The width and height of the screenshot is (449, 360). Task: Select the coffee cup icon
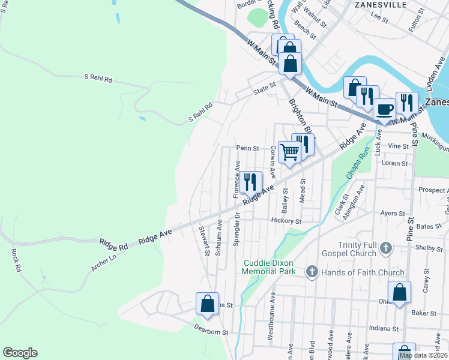click(384, 109)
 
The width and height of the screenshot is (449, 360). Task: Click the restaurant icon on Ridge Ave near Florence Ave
click(251, 182)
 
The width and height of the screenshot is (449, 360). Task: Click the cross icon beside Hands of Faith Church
click(312, 272)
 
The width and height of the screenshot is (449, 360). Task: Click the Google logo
click(20, 353)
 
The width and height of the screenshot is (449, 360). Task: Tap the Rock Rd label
click(16, 259)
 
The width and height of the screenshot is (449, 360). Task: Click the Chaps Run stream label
click(355, 162)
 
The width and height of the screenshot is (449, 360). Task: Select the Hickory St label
click(286, 221)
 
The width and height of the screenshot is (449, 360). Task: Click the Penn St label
click(247, 148)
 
